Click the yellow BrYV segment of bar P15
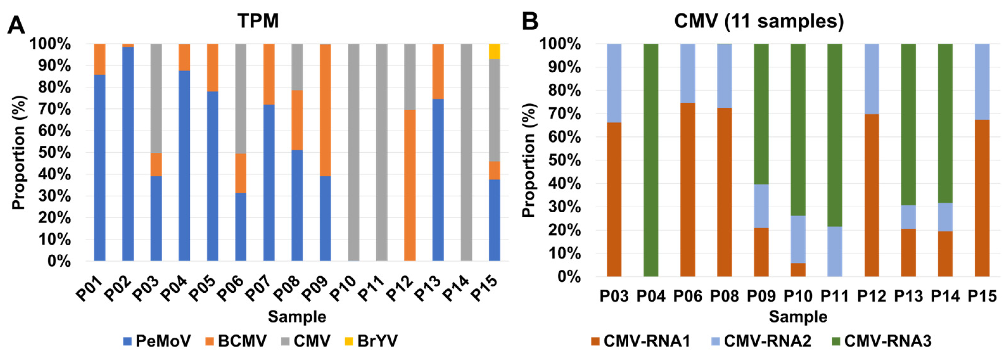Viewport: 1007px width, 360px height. pos(494,51)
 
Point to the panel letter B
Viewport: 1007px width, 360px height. pos(530,21)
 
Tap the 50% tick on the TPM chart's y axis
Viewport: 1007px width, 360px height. pos(54,153)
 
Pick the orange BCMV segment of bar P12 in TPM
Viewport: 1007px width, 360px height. pos(410,185)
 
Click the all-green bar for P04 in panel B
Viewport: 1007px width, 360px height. pos(651,160)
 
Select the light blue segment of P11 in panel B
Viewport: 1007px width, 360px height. pos(835,251)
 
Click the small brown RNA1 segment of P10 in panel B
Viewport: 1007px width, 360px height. pos(798,270)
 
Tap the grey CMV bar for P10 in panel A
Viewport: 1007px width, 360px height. pos(353,152)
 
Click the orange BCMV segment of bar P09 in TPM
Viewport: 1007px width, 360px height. pos(325,110)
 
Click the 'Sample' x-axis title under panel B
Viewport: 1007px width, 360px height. pos(798,317)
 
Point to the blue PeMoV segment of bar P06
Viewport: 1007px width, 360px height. pos(241,227)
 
